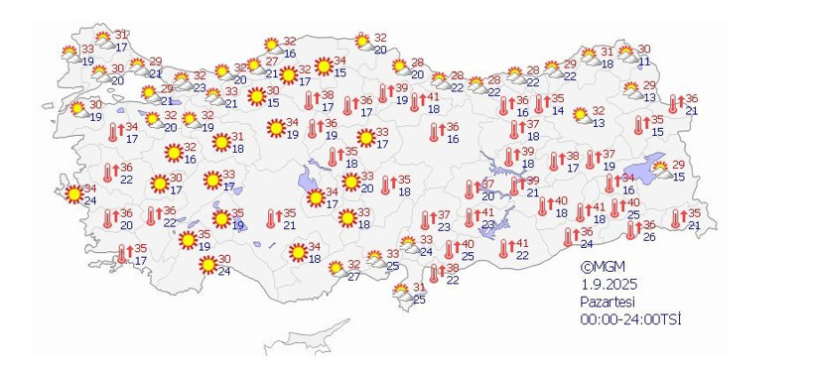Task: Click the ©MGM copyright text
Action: [x=600, y=267]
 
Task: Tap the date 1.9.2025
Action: [x=607, y=284]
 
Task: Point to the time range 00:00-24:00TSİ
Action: [x=631, y=318]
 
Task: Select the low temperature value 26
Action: [x=648, y=236]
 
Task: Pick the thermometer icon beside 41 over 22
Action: [x=504, y=248]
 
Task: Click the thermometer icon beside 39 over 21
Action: [x=502, y=186]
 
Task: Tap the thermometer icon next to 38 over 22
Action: [x=435, y=273]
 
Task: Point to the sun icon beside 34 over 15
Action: [x=323, y=65]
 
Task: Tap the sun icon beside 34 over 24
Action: [x=72, y=193]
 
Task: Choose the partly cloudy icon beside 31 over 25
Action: [x=400, y=293]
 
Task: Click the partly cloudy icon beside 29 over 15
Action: [x=660, y=170]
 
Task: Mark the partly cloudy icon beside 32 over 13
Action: [x=578, y=116]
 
